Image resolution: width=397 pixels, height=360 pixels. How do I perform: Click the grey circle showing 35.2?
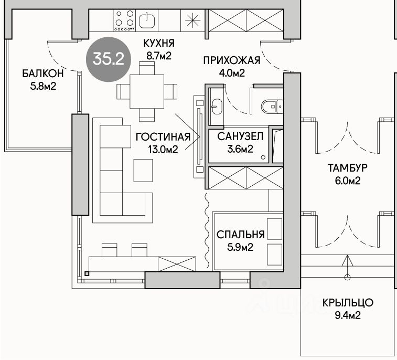(x=109, y=59)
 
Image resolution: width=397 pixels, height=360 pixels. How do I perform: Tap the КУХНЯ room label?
(x=159, y=44)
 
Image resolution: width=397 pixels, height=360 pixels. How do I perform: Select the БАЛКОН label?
(x=43, y=73)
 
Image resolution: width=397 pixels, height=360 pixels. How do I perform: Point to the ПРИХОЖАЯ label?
(x=232, y=60)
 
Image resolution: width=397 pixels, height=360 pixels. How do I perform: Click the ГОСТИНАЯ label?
(x=163, y=137)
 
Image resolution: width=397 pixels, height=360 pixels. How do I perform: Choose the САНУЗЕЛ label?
(x=240, y=136)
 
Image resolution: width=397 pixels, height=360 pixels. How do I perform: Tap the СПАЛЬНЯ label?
(x=241, y=235)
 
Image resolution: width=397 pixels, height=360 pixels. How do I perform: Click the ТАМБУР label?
(x=348, y=168)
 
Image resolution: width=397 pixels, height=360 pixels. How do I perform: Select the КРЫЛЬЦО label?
(x=348, y=303)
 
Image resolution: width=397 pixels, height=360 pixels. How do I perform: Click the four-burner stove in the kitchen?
(x=124, y=20)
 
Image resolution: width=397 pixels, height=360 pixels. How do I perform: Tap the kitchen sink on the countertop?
(x=147, y=20)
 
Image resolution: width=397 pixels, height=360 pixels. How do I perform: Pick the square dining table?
(x=147, y=91)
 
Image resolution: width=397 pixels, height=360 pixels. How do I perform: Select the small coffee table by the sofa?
(x=143, y=170)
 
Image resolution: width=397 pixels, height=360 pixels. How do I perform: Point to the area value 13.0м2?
(x=163, y=150)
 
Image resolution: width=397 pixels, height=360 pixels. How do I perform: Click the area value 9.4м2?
(x=348, y=316)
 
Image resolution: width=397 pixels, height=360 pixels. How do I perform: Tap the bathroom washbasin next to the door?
(x=217, y=106)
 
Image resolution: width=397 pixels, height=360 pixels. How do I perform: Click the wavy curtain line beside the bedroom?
(x=207, y=230)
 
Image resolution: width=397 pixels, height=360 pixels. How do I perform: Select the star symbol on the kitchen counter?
(x=192, y=20)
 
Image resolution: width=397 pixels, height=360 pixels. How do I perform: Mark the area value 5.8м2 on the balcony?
(x=43, y=87)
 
